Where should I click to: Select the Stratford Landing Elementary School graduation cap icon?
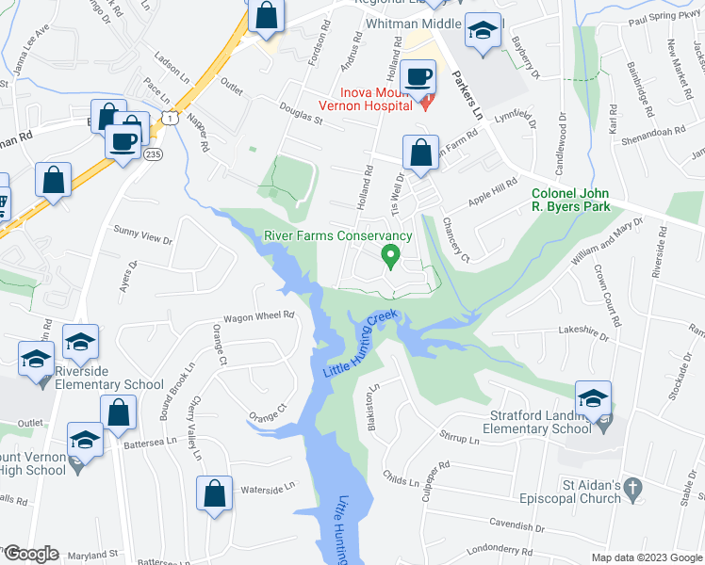pyautogui.click(x=593, y=398)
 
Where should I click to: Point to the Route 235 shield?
pyautogui.click(x=154, y=154)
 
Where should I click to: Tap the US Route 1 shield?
pyautogui.click(x=169, y=117)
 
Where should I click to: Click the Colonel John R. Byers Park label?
pyautogui.click(x=564, y=200)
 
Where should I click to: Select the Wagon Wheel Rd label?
pyautogui.click(x=259, y=316)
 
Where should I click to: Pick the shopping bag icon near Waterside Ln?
pyautogui.click(x=215, y=494)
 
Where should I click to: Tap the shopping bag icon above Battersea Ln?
pyautogui.click(x=119, y=412)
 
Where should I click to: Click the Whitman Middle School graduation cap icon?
pyautogui.click(x=484, y=32)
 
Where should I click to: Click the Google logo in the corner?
pyautogui.click(x=31, y=554)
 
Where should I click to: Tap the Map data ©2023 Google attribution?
pyautogui.click(x=647, y=557)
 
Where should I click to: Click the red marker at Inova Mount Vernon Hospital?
pyautogui.click(x=425, y=102)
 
